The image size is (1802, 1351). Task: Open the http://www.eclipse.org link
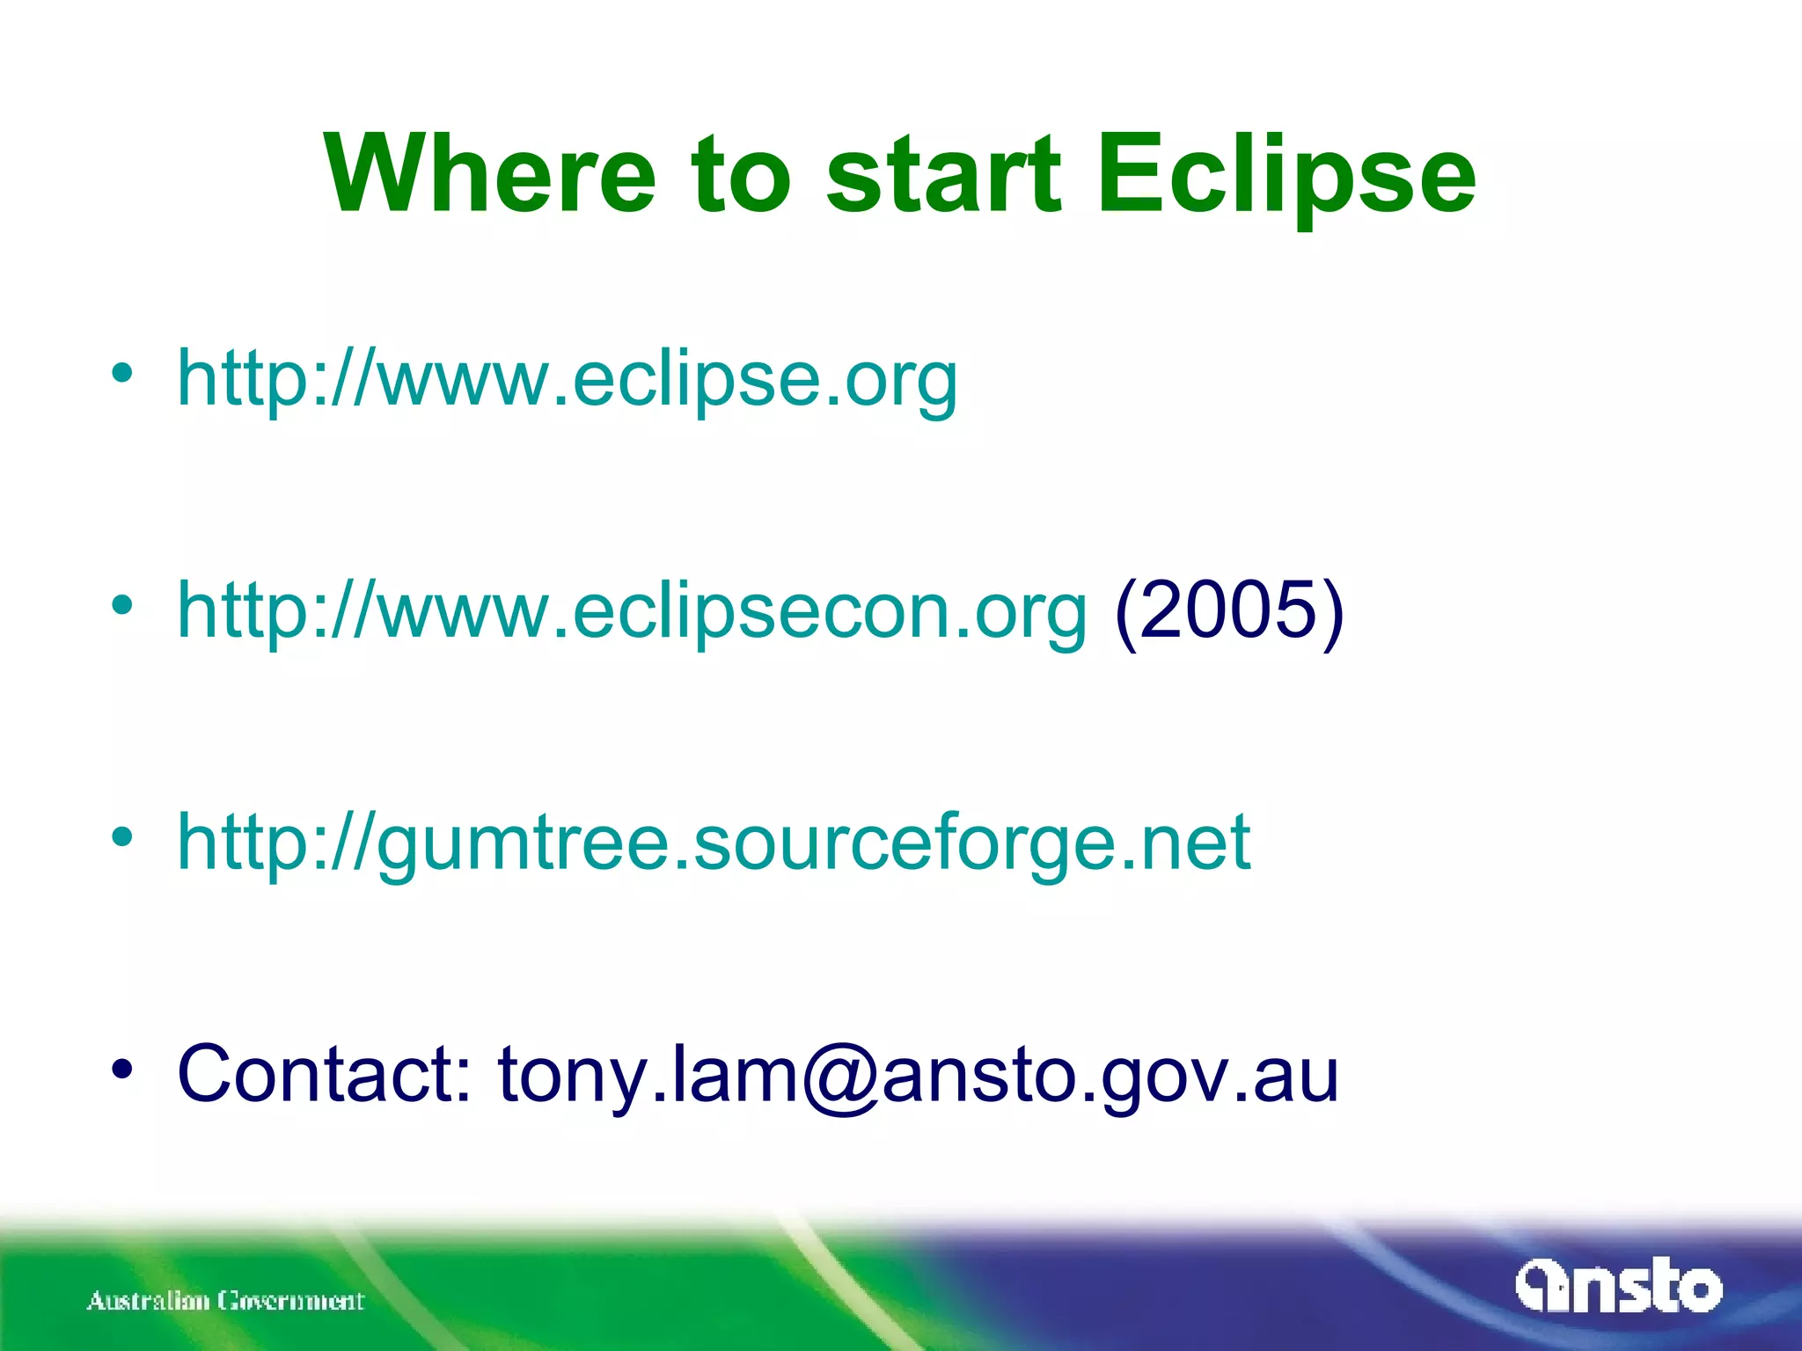(567, 380)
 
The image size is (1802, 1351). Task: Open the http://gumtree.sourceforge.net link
(713, 843)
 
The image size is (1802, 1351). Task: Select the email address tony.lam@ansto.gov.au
(918, 1075)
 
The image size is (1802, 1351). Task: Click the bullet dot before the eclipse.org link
(122, 373)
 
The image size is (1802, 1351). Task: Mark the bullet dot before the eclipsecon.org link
(122, 604)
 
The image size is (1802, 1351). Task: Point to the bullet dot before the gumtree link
(122, 836)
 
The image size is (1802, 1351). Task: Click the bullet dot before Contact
(122, 1068)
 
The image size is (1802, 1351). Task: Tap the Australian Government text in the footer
(225, 1300)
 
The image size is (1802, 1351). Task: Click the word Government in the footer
(291, 1300)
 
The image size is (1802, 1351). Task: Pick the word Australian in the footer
(148, 1300)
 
